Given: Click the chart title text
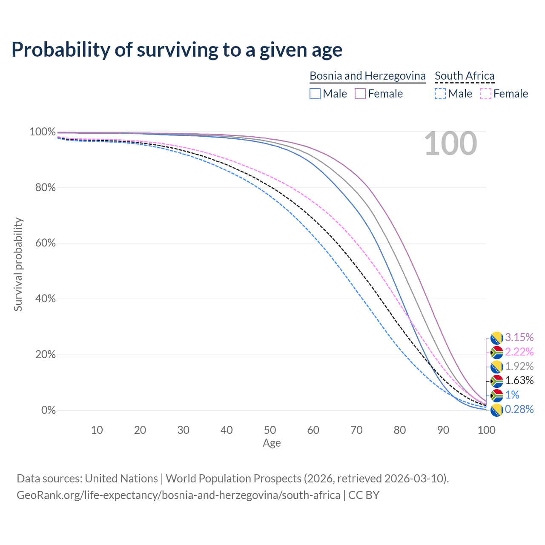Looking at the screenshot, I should (177, 50).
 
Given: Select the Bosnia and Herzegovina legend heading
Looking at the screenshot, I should (367, 76).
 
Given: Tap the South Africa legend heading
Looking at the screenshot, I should (465, 76).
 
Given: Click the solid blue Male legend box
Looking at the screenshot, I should (315, 94).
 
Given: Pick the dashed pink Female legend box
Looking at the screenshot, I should (485, 94).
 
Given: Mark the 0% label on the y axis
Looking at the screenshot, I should (48, 410).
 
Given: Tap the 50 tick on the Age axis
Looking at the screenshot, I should (270, 430).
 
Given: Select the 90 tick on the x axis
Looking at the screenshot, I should (443, 430).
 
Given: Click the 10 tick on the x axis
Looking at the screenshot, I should (97, 430).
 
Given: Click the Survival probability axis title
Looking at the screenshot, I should (18, 264).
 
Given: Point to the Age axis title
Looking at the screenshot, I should (272, 443).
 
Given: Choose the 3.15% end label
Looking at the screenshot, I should (519, 338).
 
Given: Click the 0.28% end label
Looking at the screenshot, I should (519, 410).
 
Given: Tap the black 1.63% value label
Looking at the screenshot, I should (519, 380).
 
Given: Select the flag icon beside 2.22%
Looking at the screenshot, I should (497, 353).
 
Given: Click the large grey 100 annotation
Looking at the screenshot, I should (450, 144).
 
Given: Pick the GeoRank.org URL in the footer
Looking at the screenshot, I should (178, 495).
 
